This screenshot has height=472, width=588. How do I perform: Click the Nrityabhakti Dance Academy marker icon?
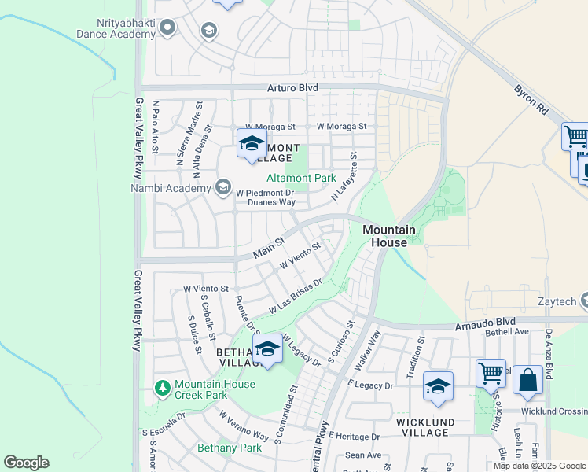coord(167,29)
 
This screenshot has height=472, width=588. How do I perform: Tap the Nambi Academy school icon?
coord(223,187)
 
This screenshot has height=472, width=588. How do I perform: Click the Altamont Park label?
coord(301,179)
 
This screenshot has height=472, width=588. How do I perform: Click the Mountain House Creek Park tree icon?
coord(163,388)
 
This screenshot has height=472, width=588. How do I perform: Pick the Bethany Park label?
coord(229,448)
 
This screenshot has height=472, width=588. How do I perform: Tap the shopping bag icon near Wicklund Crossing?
coord(528,380)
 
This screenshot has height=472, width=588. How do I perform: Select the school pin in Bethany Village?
coord(268,348)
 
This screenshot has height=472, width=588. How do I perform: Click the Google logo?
coord(26,463)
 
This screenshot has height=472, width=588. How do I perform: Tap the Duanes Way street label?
coord(271,202)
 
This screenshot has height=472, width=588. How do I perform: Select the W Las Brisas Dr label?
coord(296,297)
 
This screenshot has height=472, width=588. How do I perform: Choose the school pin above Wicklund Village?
coord(438,386)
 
